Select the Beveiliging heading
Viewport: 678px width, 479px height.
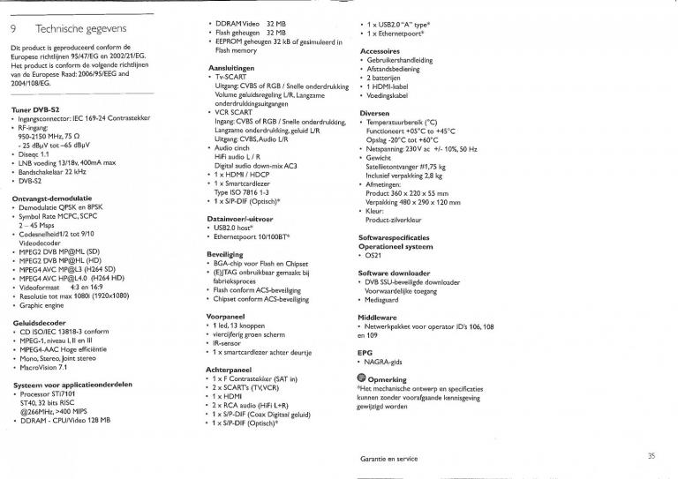(227, 254)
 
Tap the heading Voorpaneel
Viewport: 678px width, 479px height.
(225, 315)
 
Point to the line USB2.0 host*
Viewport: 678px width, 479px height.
(233, 227)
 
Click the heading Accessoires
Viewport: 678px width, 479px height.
(380, 51)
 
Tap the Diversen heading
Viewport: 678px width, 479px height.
(377, 114)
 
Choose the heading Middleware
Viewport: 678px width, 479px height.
(379, 316)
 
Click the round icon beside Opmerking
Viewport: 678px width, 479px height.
(363, 377)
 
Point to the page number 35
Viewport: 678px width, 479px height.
(651, 455)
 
